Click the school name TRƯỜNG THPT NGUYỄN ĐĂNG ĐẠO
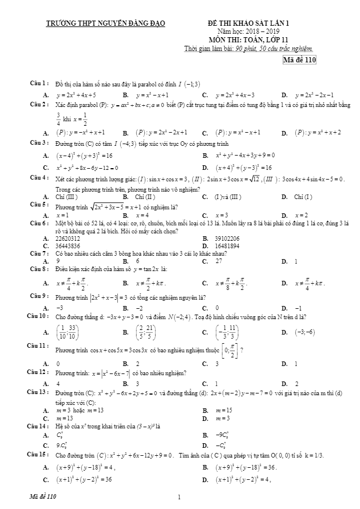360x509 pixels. pos(105,23)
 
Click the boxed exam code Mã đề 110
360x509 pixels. pos(300,60)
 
